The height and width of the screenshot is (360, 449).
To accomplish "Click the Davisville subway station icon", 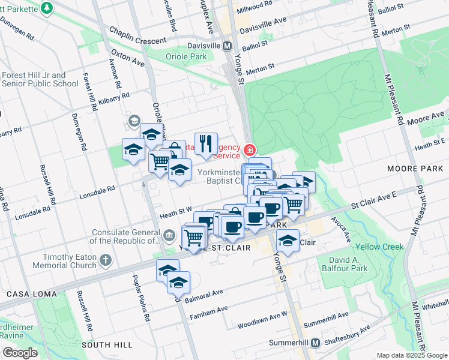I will (x=228, y=46).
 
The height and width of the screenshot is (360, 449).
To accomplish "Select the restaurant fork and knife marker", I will (x=205, y=143).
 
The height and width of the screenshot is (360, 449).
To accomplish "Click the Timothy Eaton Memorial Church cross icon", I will (x=106, y=260).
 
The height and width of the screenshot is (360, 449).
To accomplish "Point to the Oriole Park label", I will (x=185, y=57).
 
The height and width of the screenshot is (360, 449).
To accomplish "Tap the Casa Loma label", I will (x=32, y=294).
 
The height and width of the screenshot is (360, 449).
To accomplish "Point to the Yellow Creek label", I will (x=379, y=247).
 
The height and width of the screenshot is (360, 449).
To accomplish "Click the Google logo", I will (x=20, y=353).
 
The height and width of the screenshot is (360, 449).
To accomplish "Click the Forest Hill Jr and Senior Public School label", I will (x=40, y=79).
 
